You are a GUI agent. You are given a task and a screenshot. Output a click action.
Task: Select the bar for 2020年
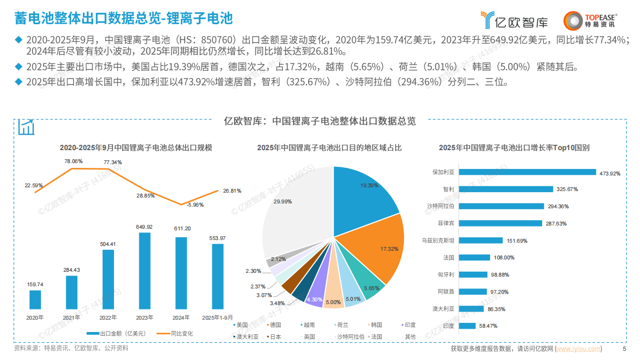(35, 300)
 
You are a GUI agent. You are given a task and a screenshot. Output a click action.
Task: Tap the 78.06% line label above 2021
(74, 161)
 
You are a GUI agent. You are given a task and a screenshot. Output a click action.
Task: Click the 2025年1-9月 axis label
(217, 317)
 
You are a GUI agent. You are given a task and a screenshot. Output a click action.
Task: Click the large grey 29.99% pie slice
(290, 210)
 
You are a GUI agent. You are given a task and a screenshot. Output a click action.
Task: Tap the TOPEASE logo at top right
(590, 20)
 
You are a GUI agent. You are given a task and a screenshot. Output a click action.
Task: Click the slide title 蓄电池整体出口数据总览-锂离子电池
(124, 19)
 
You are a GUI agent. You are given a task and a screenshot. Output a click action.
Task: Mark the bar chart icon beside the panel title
(26, 127)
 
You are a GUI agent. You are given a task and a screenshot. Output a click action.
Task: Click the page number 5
(624, 349)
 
